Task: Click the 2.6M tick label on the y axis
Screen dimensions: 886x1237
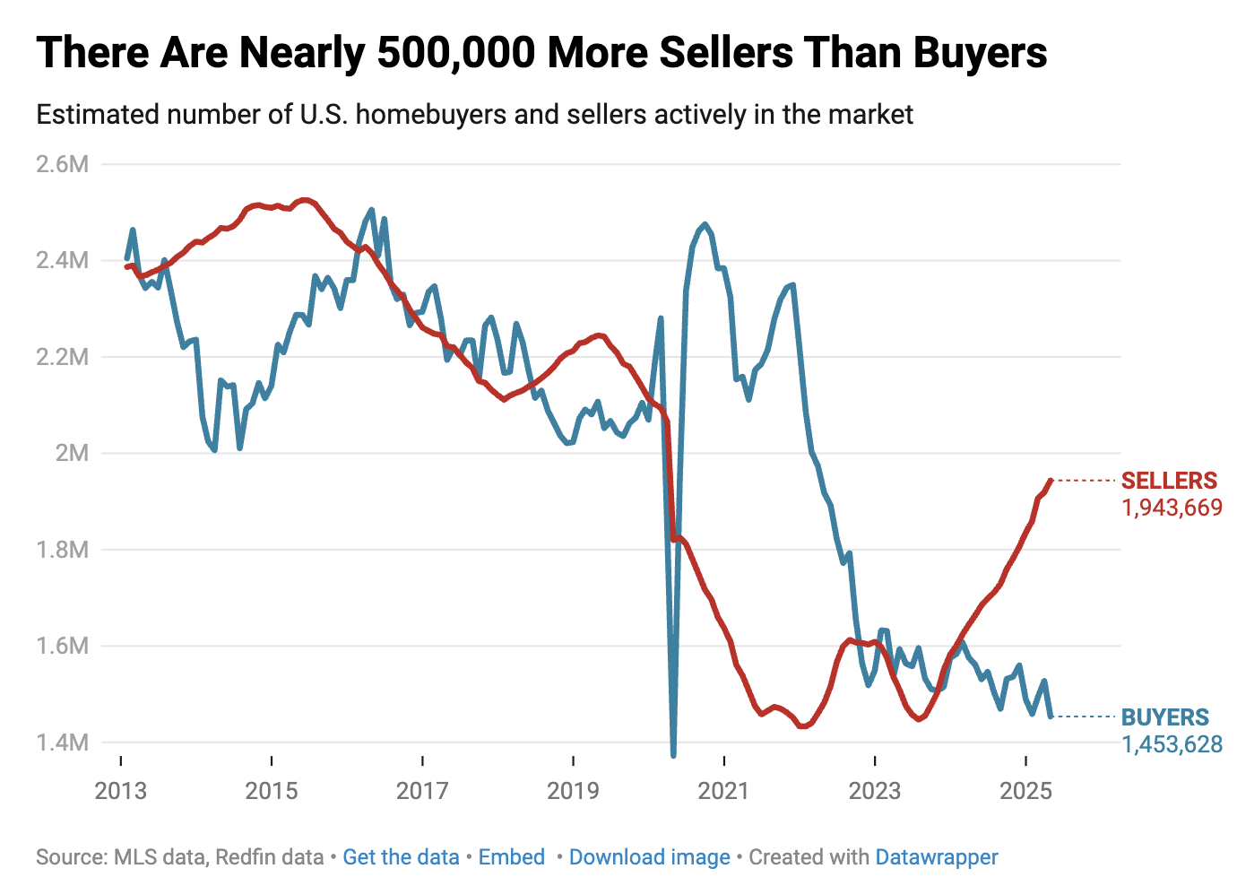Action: [x=62, y=164]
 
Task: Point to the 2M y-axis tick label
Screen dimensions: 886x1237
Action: [x=72, y=453]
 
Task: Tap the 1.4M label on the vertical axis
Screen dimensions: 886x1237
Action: [x=62, y=743]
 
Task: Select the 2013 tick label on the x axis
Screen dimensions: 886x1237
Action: [x=120, y=791]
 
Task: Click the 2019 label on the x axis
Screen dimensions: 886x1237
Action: [x=573, y=791]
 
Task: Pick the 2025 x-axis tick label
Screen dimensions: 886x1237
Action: [x=1025, y=791]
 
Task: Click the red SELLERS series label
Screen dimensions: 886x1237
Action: [x=1169, y=481]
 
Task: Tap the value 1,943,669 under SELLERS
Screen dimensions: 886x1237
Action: [x=1172, y=508]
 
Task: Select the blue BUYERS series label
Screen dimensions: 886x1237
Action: [x=1165, y=717]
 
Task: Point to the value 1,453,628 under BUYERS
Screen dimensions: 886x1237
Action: [x=1172, y=744]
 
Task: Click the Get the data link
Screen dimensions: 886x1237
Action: [x=401, y=857]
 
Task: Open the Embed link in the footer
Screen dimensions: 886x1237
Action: [x=511, y=857]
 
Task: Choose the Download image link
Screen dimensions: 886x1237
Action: [x=649, y=857]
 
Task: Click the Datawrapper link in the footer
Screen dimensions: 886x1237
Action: [x=936, y=857]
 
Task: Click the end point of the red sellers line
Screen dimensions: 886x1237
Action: [x=1051, y=481]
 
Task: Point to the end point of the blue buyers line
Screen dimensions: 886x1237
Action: [x=1051, y=716]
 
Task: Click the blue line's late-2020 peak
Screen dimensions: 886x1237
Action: [x=705, y=224]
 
